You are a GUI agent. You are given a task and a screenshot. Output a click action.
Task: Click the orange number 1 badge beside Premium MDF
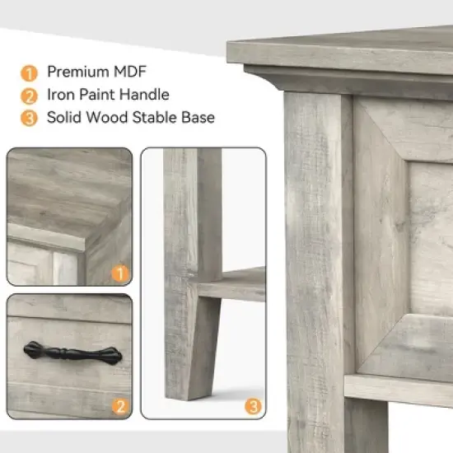click(x=29, y=72)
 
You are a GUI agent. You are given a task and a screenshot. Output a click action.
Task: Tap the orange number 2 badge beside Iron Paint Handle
click(x=29, y=95)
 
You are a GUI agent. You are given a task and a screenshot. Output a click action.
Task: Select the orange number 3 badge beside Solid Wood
click(x=29, y=118)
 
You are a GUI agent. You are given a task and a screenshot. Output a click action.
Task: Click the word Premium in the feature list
click(x=74, y=72)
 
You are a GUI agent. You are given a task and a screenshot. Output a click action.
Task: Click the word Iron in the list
click(x=59, y=95)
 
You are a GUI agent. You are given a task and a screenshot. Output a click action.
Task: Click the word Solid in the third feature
click(x=65, y=118)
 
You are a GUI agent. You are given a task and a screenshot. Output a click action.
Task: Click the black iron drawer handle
click(x=72, y=354)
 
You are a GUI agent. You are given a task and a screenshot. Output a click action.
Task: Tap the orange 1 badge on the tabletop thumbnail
click(x=120, y=272)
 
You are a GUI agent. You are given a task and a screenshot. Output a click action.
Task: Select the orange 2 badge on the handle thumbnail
click(x=120, y=405)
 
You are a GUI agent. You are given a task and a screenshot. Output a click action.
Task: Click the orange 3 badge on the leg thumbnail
click(x=253, y=405)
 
